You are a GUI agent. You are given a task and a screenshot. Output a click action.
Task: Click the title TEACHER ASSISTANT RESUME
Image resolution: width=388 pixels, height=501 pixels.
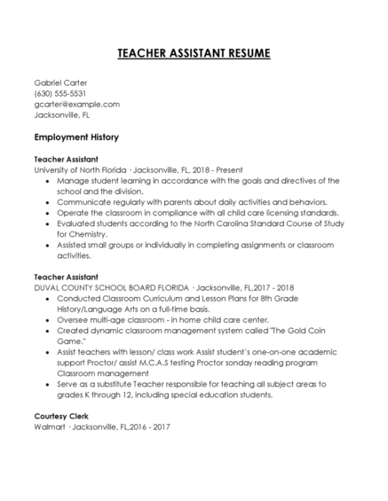point(194,53)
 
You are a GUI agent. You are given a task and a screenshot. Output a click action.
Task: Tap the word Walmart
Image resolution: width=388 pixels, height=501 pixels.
point(50,427)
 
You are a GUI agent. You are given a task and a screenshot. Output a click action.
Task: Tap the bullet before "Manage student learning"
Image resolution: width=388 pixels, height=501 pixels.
point(47,179)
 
